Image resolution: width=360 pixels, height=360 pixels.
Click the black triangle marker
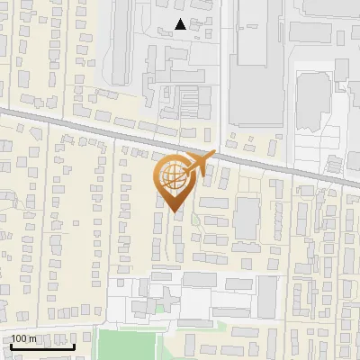(x=182, y=25)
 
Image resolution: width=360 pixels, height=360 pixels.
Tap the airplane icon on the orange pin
(x=198, y=163)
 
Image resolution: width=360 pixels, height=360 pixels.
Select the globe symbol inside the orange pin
(x=171, y=175)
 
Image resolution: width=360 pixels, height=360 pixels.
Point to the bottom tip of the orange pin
(x=175, y=212)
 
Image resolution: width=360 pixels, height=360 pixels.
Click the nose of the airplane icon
(x=214, y=156)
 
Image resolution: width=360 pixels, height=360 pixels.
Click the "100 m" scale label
(x=23, y=338)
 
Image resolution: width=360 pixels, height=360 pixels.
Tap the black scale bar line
(x=41, y=346)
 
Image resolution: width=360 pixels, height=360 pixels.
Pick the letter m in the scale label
(x=32, y=338)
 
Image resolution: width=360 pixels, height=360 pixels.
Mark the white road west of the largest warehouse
(x=223, y=72)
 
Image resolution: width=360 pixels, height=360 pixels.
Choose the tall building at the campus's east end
(x=266, y=296)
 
